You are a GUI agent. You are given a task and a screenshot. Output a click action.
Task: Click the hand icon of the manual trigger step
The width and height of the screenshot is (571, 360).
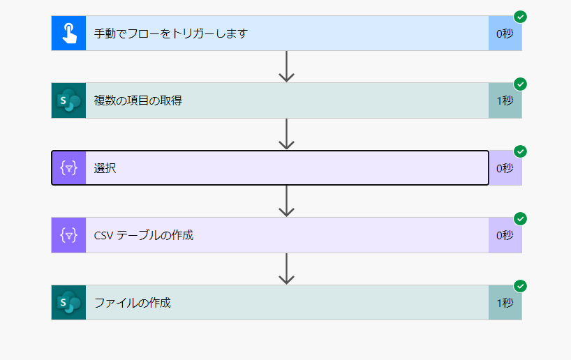click(x=68, y=33)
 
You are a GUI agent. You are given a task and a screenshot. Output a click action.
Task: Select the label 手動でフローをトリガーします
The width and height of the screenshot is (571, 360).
click(x=171, y=33)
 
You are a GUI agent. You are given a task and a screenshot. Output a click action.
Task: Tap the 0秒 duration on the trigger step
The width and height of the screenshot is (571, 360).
click(x=505, y=33)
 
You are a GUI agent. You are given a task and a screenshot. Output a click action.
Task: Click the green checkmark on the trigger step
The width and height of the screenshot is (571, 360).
click(x=520, y=17)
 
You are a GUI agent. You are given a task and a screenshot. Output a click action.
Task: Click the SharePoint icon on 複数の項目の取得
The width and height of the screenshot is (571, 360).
click(x=68, y=100)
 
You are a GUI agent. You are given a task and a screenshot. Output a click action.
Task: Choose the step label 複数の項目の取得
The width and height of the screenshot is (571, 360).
click(x=138, y=100)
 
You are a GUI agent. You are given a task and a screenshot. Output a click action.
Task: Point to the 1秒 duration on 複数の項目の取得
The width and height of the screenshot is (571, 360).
click(x=505, y=100)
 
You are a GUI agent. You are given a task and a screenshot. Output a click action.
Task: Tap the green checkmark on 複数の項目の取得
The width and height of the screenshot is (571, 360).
click(x=520, y=84)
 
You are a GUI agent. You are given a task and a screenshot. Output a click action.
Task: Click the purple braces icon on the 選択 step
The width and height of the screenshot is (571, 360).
click(x=68, y=168)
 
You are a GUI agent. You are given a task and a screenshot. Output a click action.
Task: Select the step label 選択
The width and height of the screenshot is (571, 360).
click(x=105, y=168)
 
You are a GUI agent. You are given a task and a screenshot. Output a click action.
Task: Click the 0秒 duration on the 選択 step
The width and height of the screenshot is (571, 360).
click(x=505, y=168)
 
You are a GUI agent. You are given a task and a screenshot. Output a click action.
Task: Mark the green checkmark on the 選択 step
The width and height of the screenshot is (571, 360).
click(x=520, y=151)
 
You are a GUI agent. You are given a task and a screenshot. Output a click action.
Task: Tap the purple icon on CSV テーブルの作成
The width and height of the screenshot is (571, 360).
click(x=68, y=235)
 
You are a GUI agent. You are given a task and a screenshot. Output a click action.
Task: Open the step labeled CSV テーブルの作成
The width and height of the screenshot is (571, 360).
click(x=144, y=235)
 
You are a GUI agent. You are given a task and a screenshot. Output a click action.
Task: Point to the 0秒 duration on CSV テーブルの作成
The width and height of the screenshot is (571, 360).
click(x=505, y=235)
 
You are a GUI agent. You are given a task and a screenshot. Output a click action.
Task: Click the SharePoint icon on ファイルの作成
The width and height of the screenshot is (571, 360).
click(x=68, y=303)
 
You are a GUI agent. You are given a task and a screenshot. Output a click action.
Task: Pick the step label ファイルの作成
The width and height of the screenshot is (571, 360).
click(x=133, y=303)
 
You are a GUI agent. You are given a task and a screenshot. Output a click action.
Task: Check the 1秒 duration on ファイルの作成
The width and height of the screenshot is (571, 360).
click(x=505, y=303)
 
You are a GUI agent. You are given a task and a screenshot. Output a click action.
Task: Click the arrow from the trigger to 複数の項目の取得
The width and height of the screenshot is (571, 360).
click(x=286, y=67)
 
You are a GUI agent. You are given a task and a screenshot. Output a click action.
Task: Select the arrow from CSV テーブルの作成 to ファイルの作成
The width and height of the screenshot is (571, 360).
click(x=286, y=269)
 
